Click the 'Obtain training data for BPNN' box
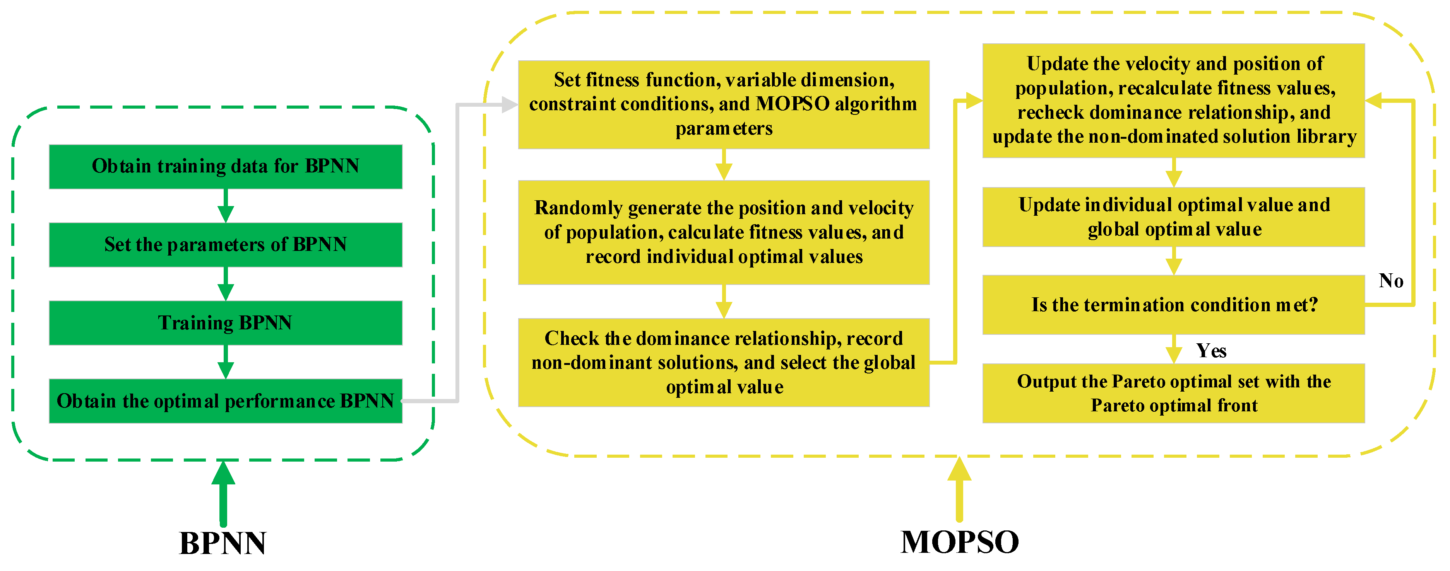click(225, 167)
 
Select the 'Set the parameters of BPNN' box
click(225, 245)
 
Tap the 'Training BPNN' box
click(225, 323)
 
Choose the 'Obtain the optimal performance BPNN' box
click(225, 401)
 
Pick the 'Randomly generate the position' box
click(723, 232)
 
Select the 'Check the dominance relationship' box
click(723, 362)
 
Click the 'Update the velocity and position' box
click(1174, 100)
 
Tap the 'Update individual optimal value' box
click(1174, 217)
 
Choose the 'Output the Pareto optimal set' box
click(1174, 393)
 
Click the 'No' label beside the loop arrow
click(1391, 281)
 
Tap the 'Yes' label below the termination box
click(1211, 351)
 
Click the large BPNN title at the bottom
click(223, 544)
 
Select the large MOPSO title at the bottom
click(960, 542)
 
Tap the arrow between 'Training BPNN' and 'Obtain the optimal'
click(226, 362)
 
